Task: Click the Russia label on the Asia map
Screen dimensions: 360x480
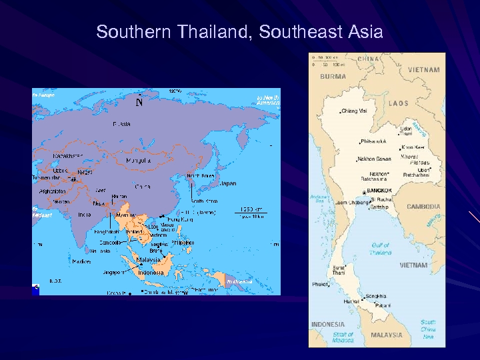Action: tap(121, 124)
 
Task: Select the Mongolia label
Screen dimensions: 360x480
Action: tap(140, 161)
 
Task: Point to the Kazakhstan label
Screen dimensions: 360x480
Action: tap(69, 155)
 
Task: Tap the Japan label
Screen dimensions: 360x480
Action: tap(228, 183)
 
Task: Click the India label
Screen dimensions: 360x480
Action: tap(85, 214)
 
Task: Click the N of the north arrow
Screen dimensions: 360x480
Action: tap(139, 103)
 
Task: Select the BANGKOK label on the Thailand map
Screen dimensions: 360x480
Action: tap(379, 191)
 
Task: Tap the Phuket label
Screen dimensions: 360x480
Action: tap(320, 285)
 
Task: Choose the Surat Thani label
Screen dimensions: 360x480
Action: tap(339, 270)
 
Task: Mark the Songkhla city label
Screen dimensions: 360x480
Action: tap(376, 296)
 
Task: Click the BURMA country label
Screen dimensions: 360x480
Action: tap(333, 76)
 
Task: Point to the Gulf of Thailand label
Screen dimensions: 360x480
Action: tap(381, 249)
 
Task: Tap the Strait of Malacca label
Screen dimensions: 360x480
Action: tap(343, 337)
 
